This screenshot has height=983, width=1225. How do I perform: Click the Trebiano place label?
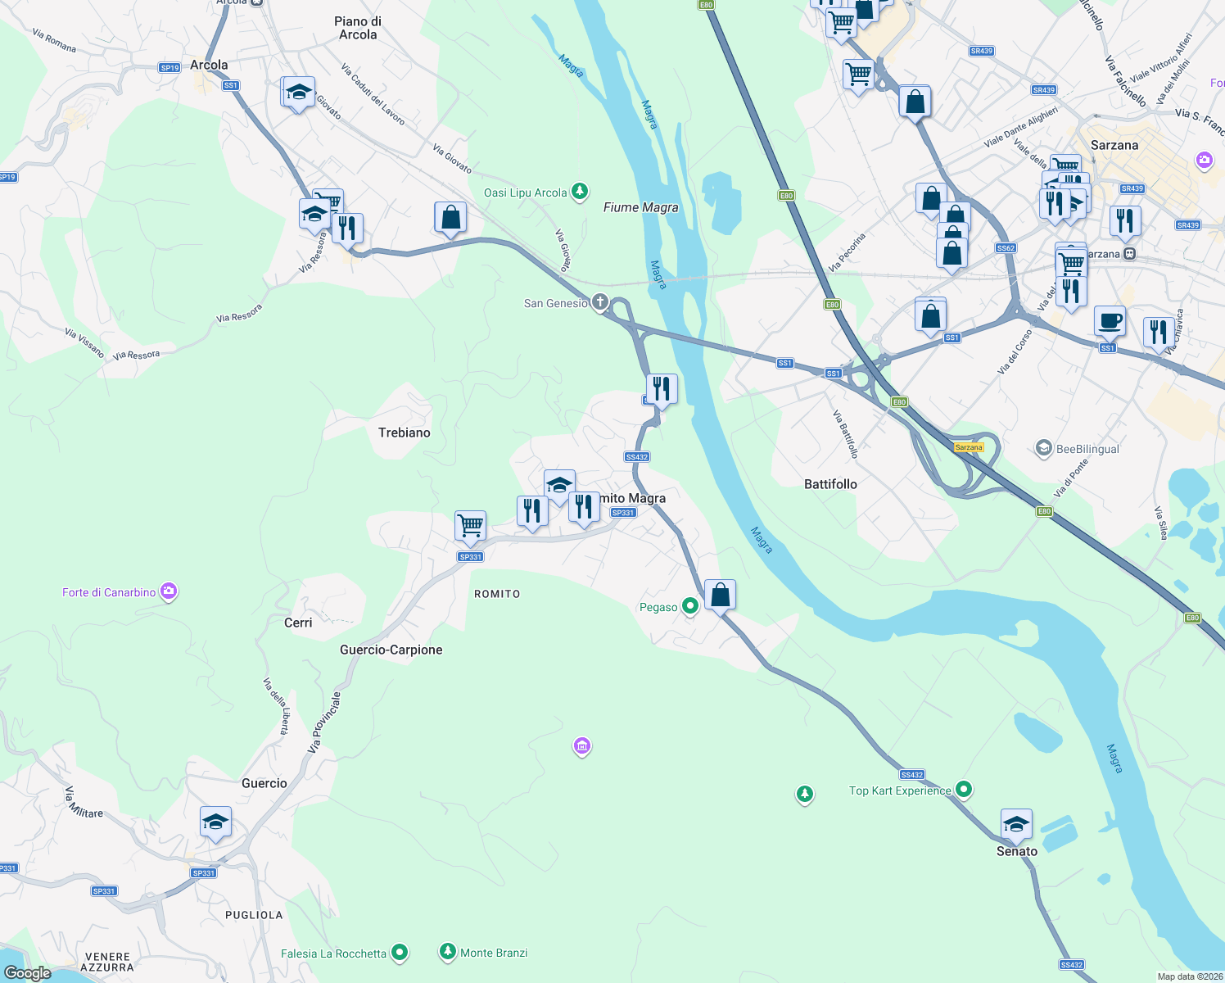pyautogui.click(x=404, y=433)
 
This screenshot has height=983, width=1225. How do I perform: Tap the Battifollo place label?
pyautogui.click(x=830, y=484)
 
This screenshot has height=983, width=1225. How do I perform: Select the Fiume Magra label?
pyautogui.click(x=640, y=207)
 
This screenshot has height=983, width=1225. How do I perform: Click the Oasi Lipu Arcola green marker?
pyautogui.click(x=580, y=192)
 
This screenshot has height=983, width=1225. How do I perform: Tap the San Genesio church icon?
pyautogui.click(x=600, y=303)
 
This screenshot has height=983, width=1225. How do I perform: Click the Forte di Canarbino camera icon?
pyautogui.click(x=169, y=591)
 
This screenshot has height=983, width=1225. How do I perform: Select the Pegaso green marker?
pyautogui.click(x=690, y=606)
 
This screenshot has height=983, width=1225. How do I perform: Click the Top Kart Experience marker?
pyautogui.click(x=964, y=790)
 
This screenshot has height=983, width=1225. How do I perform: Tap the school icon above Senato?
pyautogui.click(x=1016, y=824)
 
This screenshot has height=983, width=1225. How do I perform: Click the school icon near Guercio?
pyautogui.click(x=215, y=822)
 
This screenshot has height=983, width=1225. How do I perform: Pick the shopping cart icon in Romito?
pyautogui.click(x=471, y=525)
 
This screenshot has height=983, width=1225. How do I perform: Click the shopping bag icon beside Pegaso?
pyautogui.click(x=720, y=595)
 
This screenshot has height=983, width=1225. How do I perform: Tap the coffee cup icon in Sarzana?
pyautogui.click(x=1110, y=321)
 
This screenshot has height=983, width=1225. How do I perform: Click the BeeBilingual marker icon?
pyautogui.click(x=1043, y=448)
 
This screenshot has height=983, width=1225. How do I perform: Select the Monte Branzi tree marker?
pyautogui.click(x=447, y=951)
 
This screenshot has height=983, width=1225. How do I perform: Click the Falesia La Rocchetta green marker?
pyautogui.click(x=400, y=953)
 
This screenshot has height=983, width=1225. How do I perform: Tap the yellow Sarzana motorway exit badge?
pyautogui.click(x=969, y=447)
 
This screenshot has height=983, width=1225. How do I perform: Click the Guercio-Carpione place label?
pyautogui.click(x=391, y=650)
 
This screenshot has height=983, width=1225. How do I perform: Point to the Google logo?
pyautogui.click(x=28, y=972)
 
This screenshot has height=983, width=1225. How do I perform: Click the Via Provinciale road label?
pyautogui.click(x=324, y=723)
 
